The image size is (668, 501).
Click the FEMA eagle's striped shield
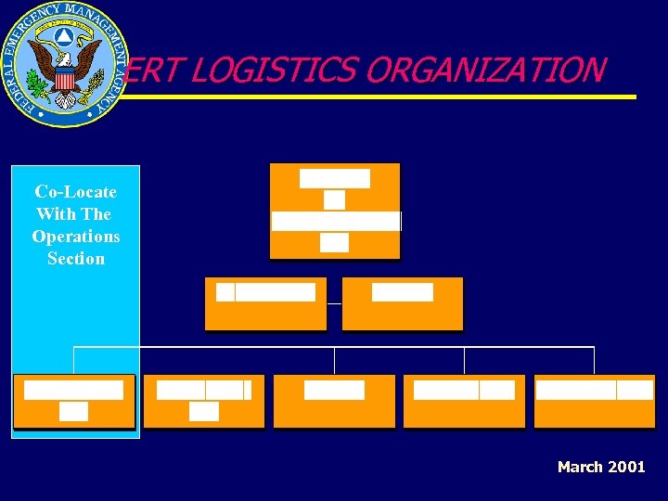pos(64,79)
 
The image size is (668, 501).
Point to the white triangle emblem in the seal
pos(63,38)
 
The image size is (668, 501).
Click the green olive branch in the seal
pos(39,89)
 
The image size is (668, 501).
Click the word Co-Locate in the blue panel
pos(75,192)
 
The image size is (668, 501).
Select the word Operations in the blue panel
pos(75,237)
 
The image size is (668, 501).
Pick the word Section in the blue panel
pos(75,259)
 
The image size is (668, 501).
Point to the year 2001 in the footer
pos(625,467)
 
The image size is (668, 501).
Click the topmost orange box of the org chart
pos(335,211)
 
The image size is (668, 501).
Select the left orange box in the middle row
pos(265,304)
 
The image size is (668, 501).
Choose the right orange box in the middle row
pos(402,304)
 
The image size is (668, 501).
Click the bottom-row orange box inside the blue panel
pos(74,401)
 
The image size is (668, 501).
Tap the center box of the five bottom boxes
pos(334,401)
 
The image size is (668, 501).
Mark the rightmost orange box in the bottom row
pos(594,401)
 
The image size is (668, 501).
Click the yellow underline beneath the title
pos(390,96)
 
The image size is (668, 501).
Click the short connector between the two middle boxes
pos(334,303)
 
